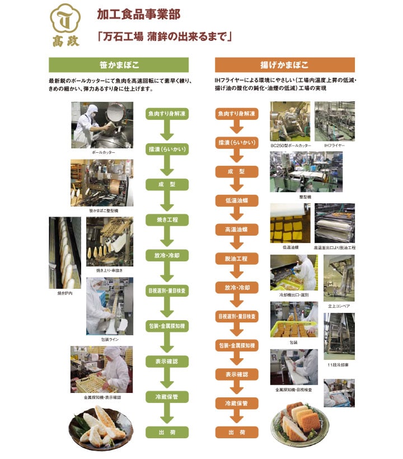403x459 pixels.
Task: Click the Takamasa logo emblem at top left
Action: coord(65,25)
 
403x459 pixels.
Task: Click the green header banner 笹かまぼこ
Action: coord(119,64)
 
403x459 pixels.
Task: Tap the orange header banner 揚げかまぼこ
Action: coord(284,64)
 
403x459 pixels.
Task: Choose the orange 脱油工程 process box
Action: coord(237,259)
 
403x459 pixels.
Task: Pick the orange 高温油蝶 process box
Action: coord(237,230)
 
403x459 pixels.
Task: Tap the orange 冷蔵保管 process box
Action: coord(237,403)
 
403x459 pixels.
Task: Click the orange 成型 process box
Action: coord(237,171)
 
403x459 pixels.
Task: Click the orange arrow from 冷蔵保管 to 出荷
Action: coord(237,418)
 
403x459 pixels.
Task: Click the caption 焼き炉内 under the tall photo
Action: coord(64,293)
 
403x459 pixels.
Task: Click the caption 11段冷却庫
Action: coord(339,365)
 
